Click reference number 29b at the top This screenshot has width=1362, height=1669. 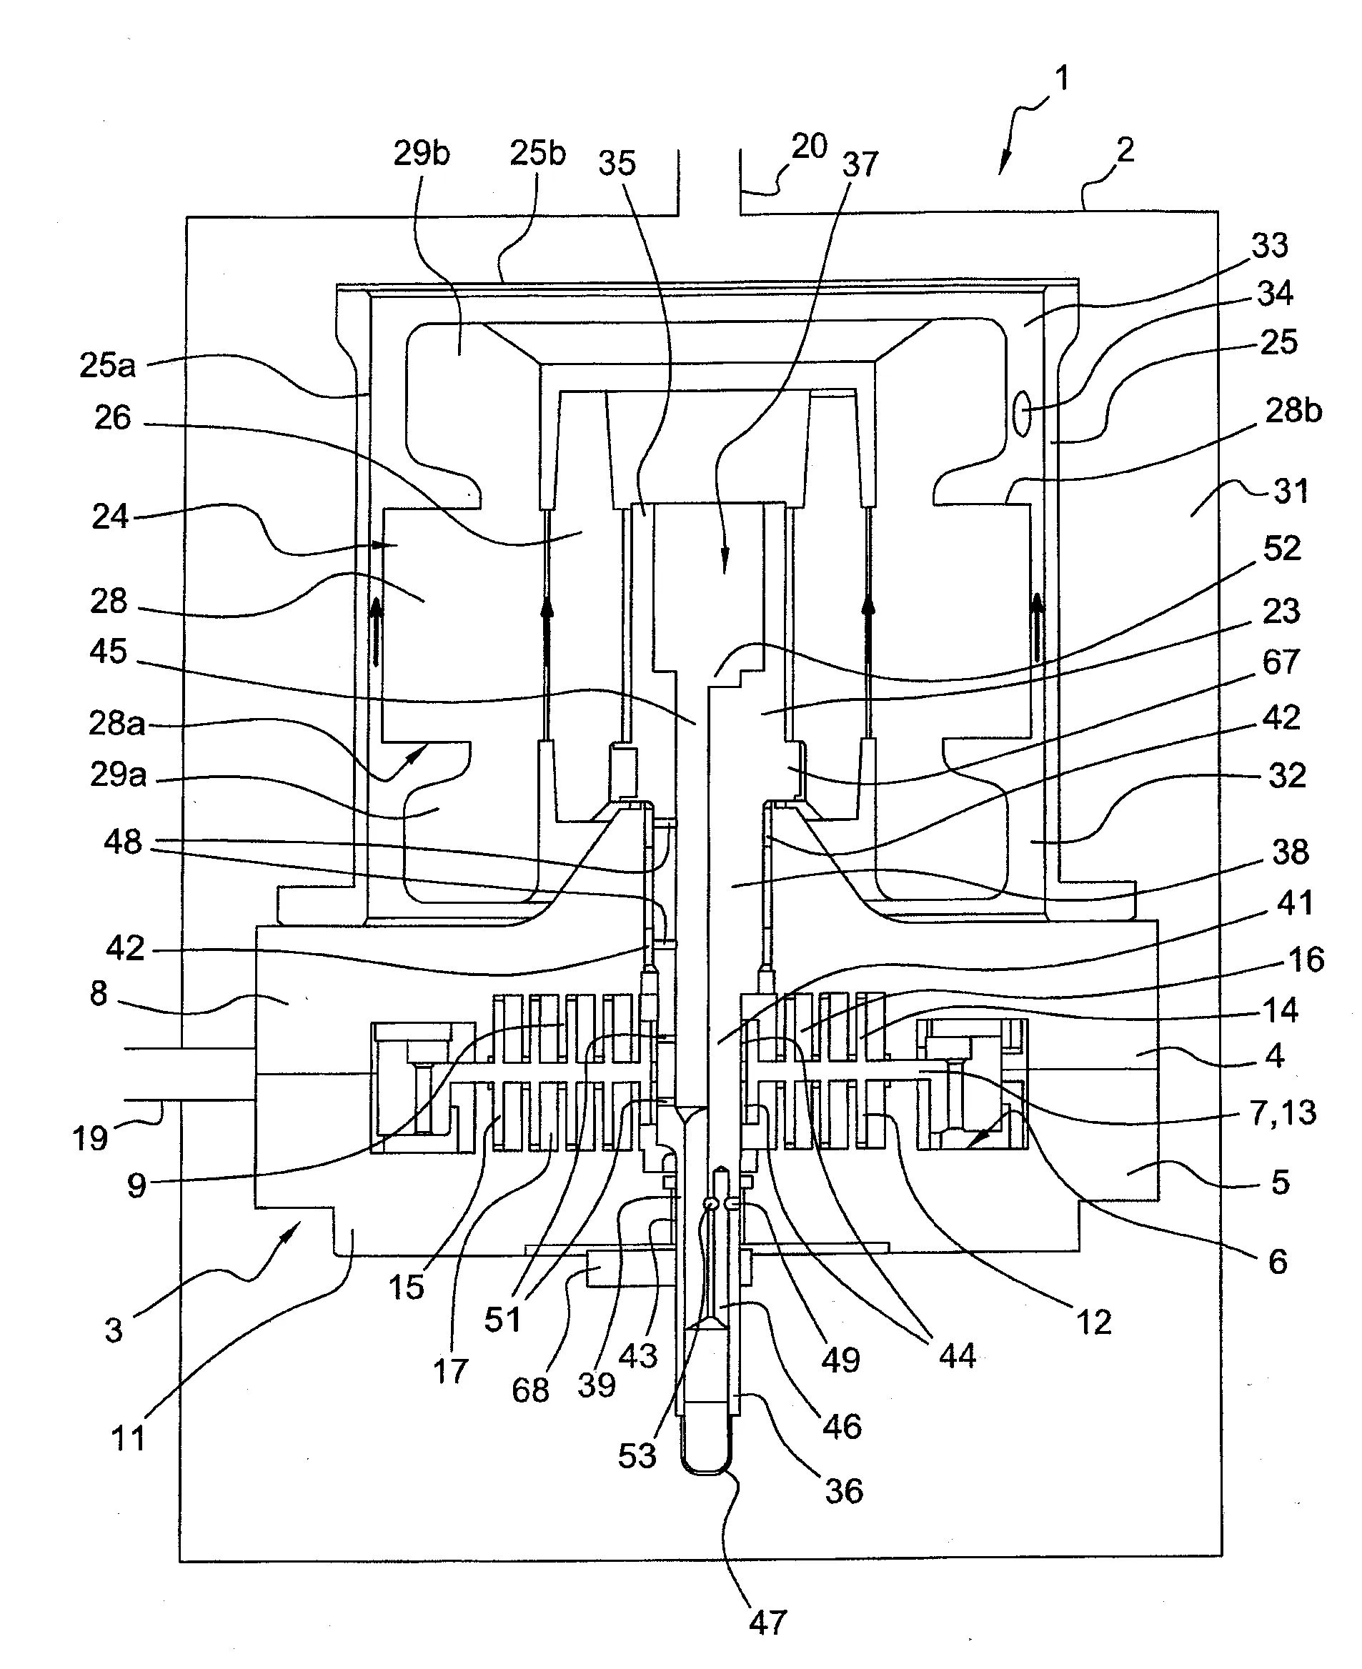[422, 154]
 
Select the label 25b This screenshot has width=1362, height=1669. [537, 154]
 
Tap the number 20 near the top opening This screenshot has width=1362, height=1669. [809, 146]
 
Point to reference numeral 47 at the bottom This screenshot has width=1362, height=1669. [767, 1622]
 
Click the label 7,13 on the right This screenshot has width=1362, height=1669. [1283, 1113]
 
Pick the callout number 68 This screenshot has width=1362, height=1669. [530, 1390]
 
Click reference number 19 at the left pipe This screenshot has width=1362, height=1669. [89, 1138]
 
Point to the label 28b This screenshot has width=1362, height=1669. [1293, 410]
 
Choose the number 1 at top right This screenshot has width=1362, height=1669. [1061, 79]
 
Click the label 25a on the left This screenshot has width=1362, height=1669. [107, 366]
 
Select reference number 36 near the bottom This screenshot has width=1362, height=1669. [843, 1491]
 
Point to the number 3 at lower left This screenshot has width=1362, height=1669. [114, 1330]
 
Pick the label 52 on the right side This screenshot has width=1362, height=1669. [1282, 548]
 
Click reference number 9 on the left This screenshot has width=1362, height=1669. [136, 1185]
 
